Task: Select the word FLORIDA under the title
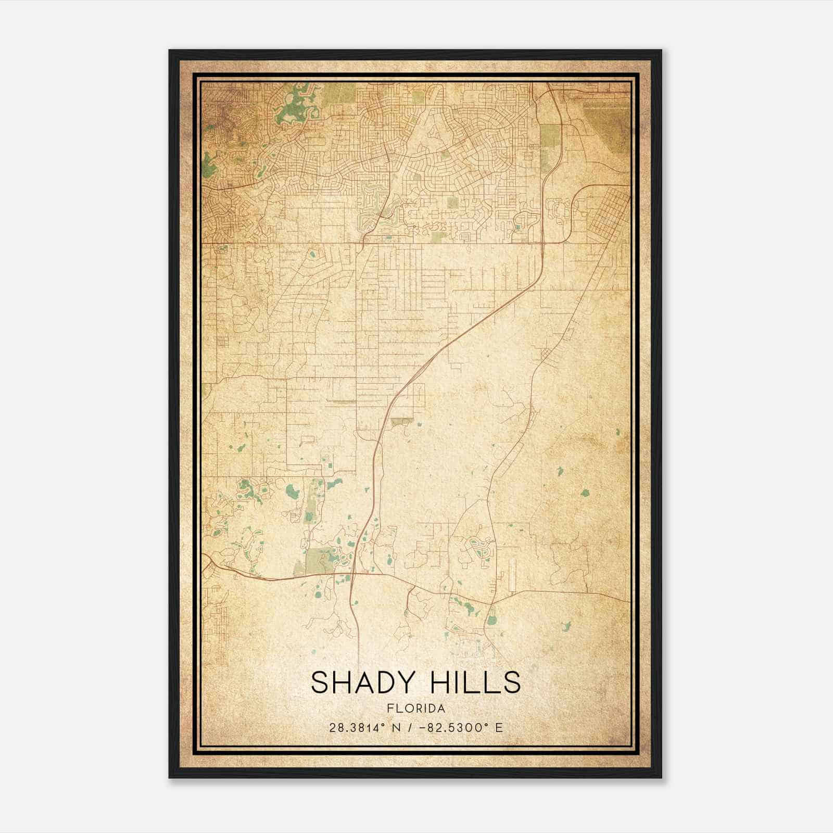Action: click(x=416, y=709)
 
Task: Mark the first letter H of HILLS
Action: click(x=433, y=683)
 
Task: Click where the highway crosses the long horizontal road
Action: click(x=542, y=243)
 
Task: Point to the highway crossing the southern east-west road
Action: click(x=352, y=575)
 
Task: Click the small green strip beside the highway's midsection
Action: click(x=401, y=421)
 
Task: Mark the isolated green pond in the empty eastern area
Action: click(x=585, y=493)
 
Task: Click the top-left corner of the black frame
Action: click(x=170, y=51)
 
